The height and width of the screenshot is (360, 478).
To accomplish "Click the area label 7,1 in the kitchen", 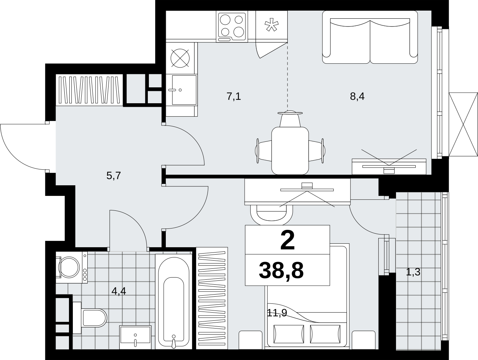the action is click(234, 96).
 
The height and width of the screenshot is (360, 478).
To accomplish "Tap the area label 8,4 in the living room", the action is click(357, 96).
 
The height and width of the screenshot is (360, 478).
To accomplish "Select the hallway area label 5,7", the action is click(113, 175).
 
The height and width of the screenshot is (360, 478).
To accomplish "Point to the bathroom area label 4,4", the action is click(119, 291).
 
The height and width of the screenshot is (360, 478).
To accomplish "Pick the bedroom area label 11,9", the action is click(277, 313).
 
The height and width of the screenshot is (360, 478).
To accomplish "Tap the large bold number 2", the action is click(287, 240).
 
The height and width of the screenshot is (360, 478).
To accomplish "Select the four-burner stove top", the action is click(232, 27).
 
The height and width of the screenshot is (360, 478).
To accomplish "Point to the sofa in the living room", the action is click(370, 37).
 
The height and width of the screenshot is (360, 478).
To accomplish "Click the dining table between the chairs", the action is click(290, 151).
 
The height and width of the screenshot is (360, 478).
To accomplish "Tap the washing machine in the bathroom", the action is click(72, 267).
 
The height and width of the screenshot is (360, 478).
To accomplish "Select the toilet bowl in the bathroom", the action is click(90, 318).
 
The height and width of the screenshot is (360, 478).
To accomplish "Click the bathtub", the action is click(174, 302).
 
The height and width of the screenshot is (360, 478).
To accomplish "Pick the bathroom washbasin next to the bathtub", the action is click(135, 337).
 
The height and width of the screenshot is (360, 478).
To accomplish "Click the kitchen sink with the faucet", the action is click(182, 90).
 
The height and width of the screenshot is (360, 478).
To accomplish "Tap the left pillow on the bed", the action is click(288, 334).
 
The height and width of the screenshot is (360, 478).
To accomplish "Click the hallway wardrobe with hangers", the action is click(89, 90).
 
